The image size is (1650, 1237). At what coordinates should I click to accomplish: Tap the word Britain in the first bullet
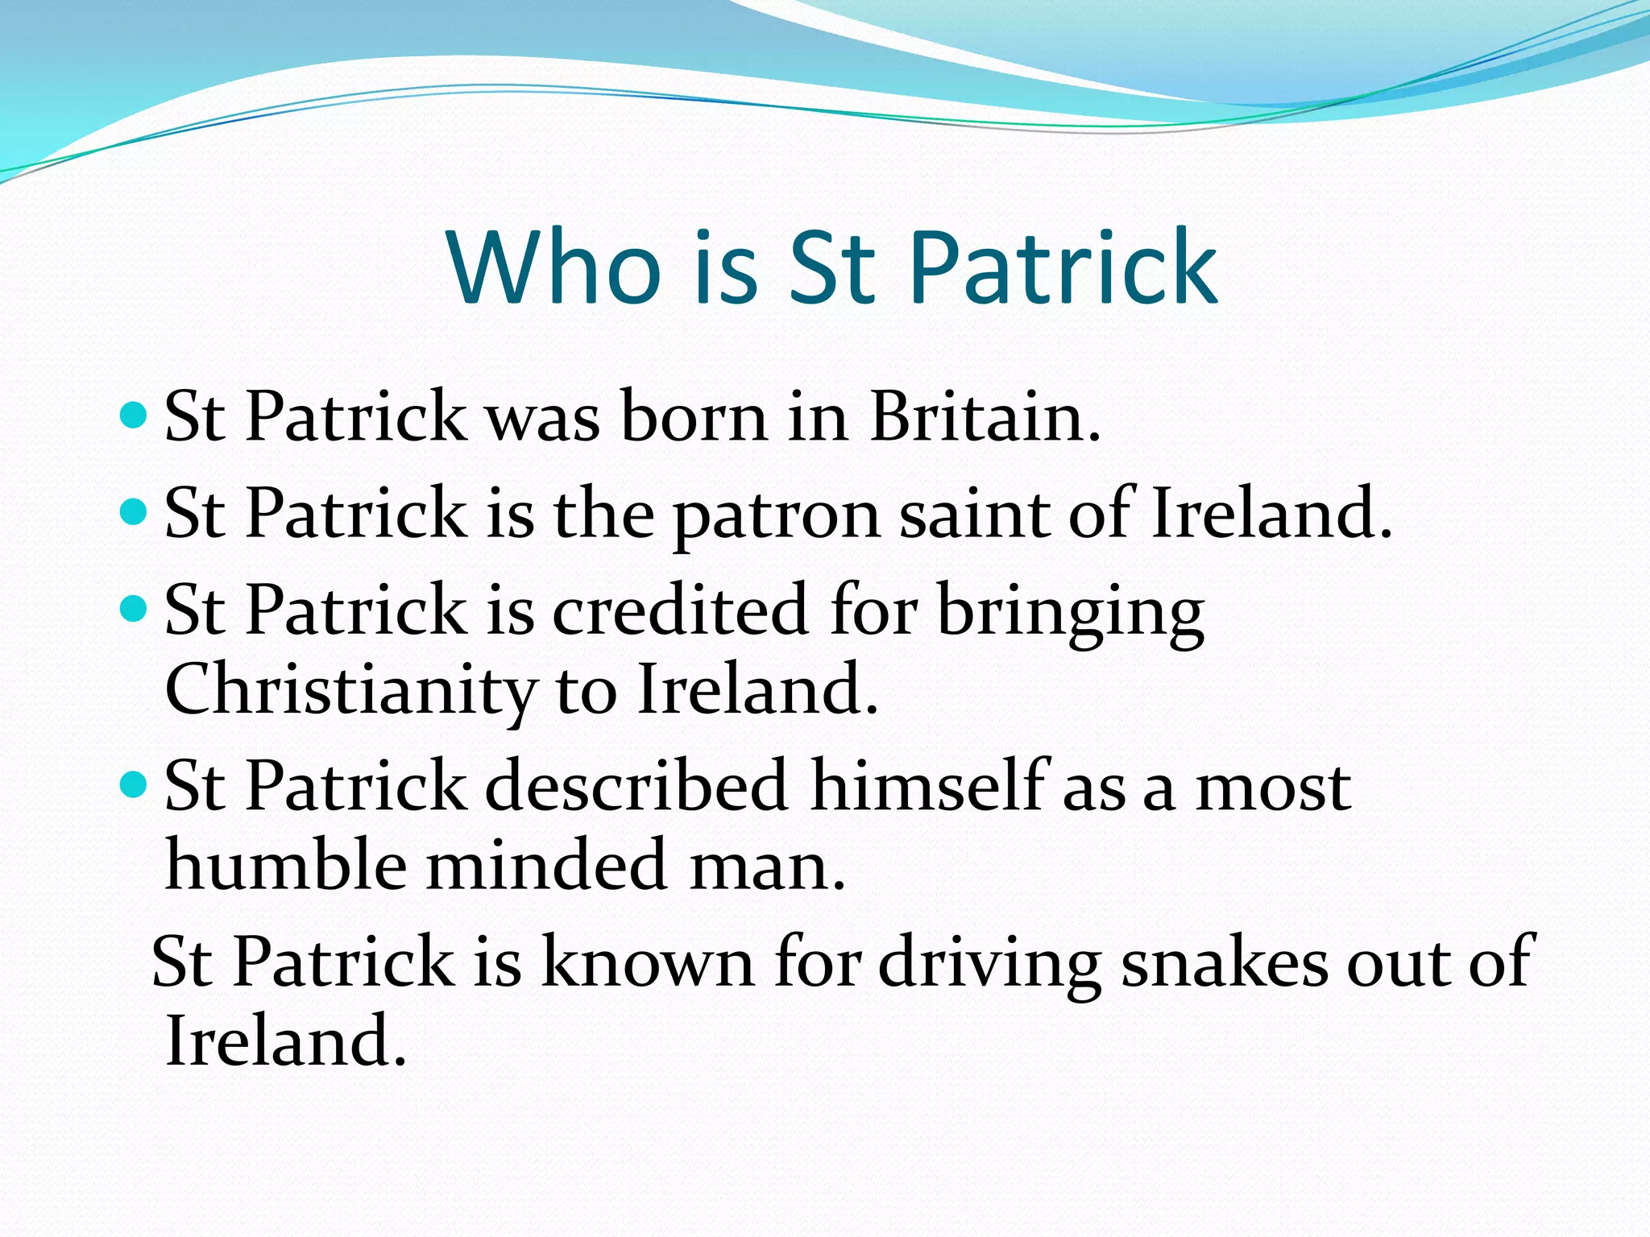click(985, 417)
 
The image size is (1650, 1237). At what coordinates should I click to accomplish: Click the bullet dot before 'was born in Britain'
click(134, 416)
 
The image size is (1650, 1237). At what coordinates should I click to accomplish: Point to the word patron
click(776, 515)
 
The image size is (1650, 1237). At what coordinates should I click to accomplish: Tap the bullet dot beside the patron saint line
click(134, 511)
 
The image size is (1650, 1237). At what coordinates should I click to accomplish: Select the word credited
click(680, 610)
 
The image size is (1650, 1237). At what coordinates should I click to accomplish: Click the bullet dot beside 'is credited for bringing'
click(134, 607)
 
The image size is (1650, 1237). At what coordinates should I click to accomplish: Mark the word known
click(648, 962)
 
